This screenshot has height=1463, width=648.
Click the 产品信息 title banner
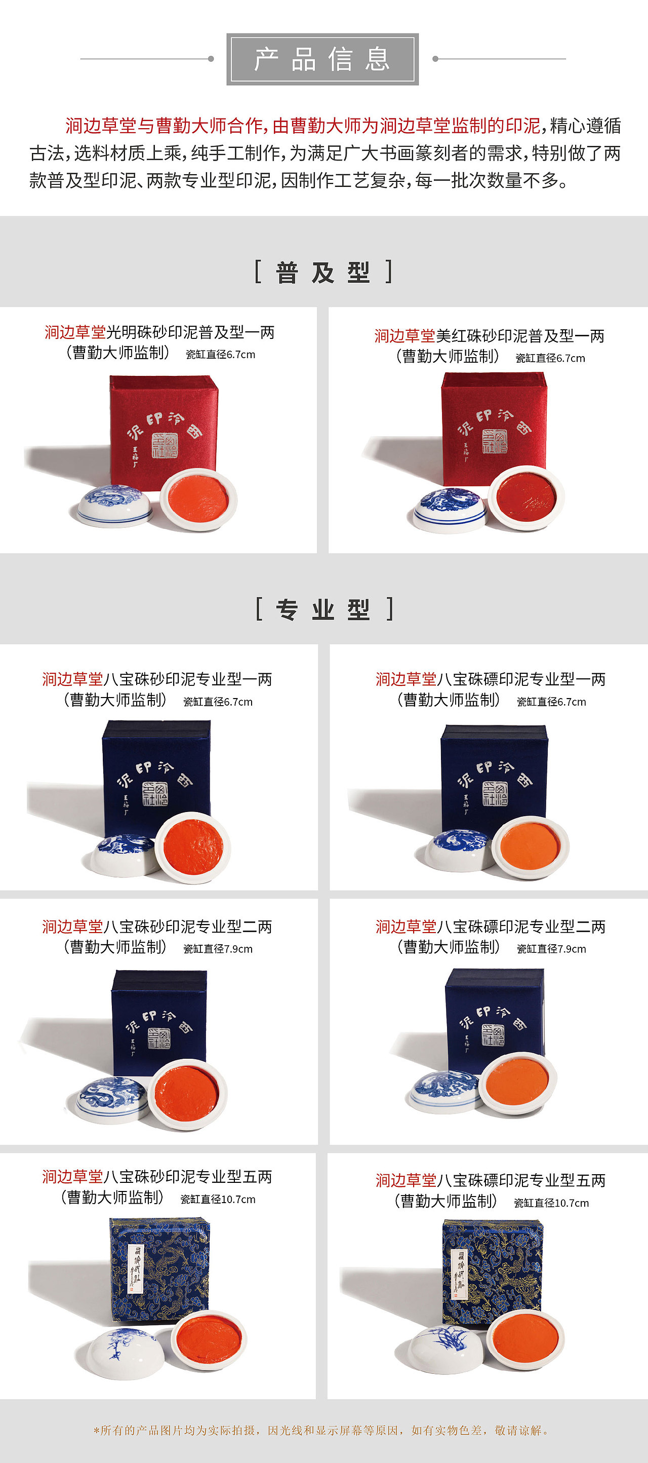click(322, 59)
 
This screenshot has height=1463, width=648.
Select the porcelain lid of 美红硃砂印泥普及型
click(450, 509)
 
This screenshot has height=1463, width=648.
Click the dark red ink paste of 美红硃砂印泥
click(525, 496)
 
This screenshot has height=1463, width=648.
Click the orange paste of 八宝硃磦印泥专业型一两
click(530, 845)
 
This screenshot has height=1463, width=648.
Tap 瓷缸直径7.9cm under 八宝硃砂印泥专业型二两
click(218, 949)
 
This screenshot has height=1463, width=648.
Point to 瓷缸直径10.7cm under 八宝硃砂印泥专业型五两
click(218, 1200)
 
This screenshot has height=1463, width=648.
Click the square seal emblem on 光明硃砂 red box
click(164, 445)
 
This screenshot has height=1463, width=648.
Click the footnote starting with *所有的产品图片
click(322, 1430)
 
